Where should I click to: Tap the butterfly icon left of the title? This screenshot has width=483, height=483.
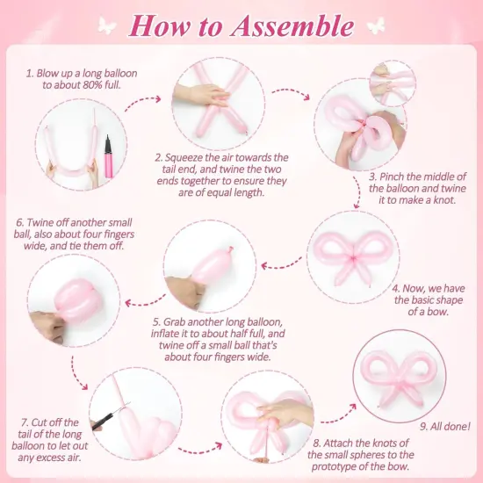pyautogui.click(x=106, y=24)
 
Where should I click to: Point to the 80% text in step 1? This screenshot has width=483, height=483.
pyautogui.click(x=80, y=86)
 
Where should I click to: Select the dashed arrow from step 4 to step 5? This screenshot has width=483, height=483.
pyautogui.click(x=284, y=260)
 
